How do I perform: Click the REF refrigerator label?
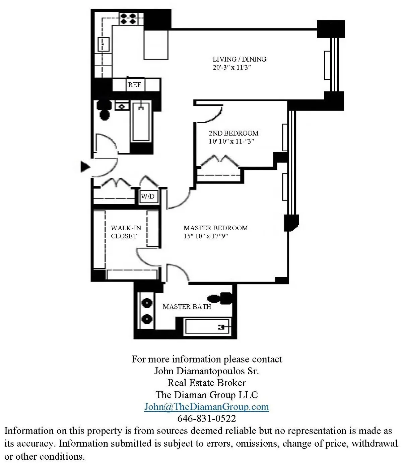[x=134, y=85]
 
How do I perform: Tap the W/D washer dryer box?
[x=148, y=196]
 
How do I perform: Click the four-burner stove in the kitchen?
[x=128, y=19]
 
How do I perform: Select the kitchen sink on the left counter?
[x=103, y=44]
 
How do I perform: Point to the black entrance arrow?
[x=85, y=166]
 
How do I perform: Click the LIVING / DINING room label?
[x=239, y=59]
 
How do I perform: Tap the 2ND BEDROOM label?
[x=233, y=133]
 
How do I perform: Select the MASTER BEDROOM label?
[x=215, y=228]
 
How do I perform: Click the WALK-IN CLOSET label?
[x=126, y=232]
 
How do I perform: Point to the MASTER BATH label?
[x=187, y=307]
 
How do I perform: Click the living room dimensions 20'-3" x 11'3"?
[x=232, y=67]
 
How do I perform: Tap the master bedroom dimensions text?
[x=205, y=236]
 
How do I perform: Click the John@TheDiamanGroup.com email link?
[x=206, y=407]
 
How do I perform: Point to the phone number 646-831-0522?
[x=206, y=418]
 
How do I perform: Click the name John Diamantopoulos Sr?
[x=206, y=371]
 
